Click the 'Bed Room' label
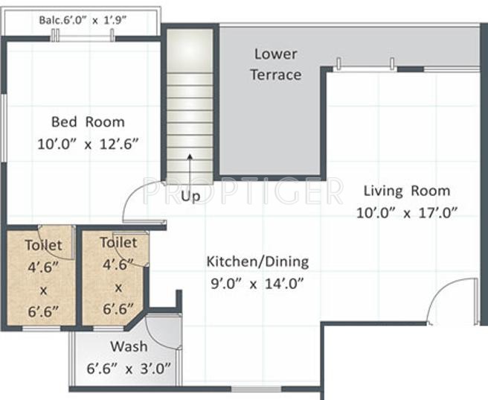[88, 121]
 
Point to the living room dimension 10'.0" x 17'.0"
[405, 212]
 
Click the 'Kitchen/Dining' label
[257, 261]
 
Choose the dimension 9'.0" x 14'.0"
[257, 283]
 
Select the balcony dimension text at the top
[82, 20]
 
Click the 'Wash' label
[129, 346]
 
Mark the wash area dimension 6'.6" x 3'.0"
[129, 367]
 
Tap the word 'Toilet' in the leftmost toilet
[43, 244]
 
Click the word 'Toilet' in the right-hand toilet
[118, 243]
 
